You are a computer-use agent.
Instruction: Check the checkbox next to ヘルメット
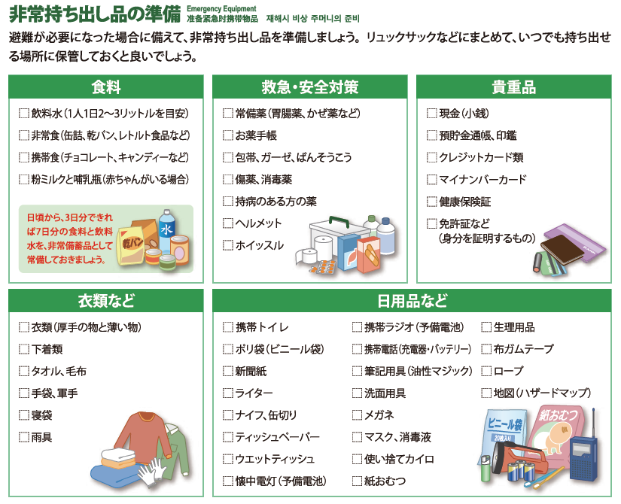pos(228,223)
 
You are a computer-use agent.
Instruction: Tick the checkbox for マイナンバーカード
pos(432,180)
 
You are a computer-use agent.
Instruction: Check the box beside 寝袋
pos(24,415)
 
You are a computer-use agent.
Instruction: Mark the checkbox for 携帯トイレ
pos(228,327)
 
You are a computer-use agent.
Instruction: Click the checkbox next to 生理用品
pos(486,327)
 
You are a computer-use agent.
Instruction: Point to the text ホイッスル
pos(260,245)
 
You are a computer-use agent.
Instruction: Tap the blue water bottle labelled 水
pos(167,229)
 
